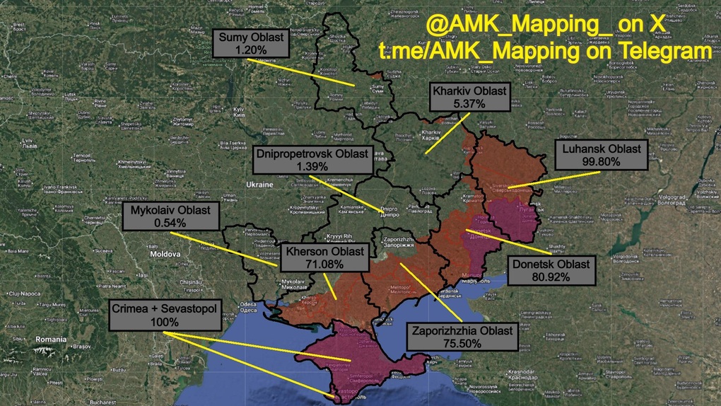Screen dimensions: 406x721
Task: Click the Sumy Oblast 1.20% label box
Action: (251, 44)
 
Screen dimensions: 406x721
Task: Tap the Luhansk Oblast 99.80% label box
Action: (602, 155)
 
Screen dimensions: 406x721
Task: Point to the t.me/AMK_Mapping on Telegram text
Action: (544, 52)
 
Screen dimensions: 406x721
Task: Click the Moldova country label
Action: (166, 253)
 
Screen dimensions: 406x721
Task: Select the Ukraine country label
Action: (259, 185)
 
